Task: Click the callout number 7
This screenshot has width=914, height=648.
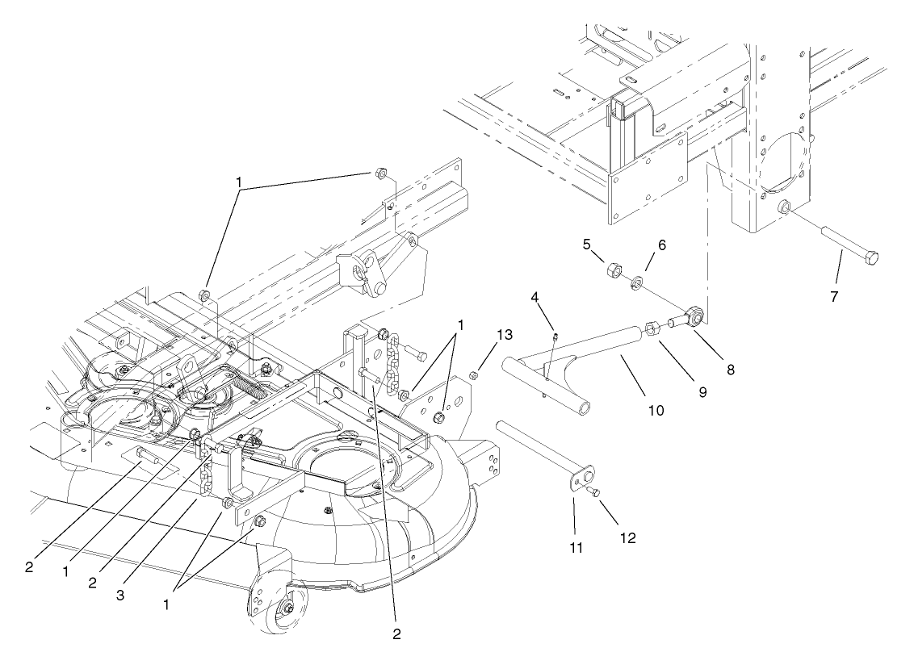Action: point(834,296)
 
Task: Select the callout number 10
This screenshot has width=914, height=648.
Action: point(656,411)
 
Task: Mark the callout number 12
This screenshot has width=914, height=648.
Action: point(627,537)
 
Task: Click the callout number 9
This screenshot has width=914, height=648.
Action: point(702,392)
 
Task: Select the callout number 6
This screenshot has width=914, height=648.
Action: point(660,245)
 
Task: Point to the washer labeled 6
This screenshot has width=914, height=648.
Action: point(636,282)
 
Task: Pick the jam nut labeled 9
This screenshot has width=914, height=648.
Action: point(655,328)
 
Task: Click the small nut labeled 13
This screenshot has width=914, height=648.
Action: point(476,374)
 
